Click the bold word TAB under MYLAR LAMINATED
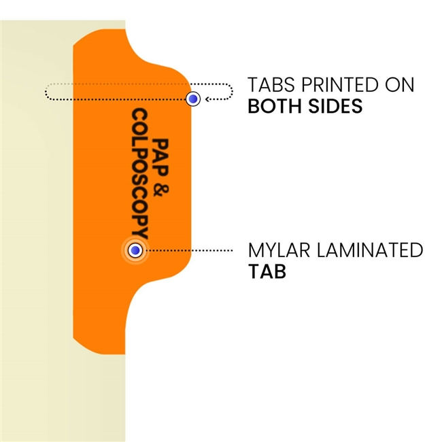point(266,271)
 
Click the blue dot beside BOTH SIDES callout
point(194,99)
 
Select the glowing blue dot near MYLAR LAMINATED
point(135,251)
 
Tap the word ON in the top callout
point(401,86)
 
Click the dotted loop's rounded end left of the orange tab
point(47,92)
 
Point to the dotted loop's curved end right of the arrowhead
point(231,92)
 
